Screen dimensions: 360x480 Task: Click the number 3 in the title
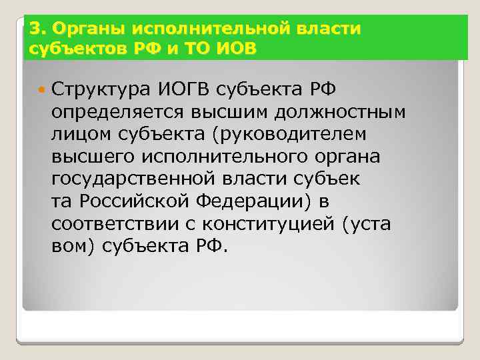(x=33, y=29)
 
